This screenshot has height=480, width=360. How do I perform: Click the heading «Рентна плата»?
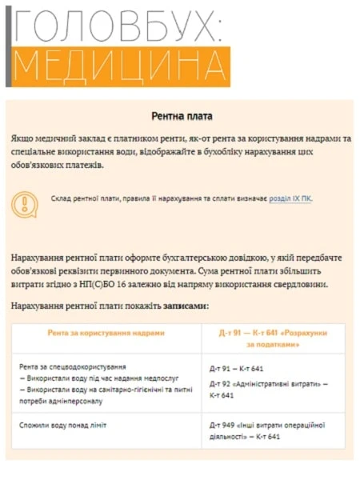[x=182, y=116]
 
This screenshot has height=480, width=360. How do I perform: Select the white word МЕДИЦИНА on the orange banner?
[x=120, y=67]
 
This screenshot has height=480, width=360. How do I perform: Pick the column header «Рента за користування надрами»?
[x=106, y=333]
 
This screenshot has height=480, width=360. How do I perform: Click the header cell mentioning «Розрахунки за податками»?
[x=273, y=338]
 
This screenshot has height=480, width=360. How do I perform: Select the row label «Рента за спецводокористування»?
[x=74, y=364]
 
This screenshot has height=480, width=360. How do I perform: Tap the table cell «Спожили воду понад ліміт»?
[x=63, y=424]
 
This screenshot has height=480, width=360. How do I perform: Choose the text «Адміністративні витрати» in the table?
[x=272, y=384]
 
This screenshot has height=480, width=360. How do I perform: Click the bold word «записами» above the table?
[x=186, y=306]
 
